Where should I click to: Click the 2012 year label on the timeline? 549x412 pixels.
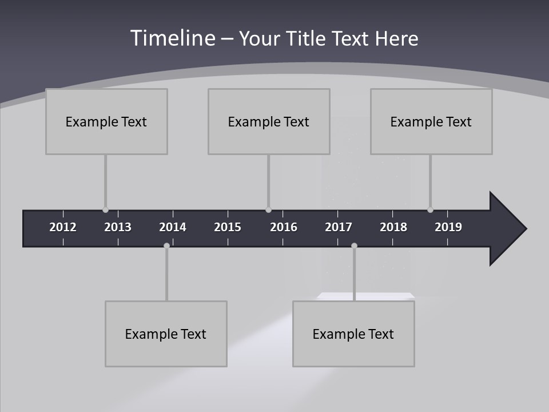click(63, 227)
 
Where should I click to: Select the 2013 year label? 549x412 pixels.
click(118, 227)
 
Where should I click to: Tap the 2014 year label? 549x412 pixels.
click(173, 227)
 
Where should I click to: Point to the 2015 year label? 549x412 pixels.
click(228, 227)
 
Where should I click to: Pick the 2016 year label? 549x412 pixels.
click(284, 227)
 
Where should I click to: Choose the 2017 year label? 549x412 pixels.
click(339, 227)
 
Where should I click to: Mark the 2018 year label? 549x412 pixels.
click(393, 227)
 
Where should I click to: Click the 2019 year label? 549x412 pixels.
click(448, 227)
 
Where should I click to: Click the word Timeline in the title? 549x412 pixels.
click(173, 38)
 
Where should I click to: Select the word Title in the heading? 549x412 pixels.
click(306, 39)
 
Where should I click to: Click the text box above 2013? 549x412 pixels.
click(106, 121)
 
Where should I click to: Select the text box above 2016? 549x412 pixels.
click(269, 121)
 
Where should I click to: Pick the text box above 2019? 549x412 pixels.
click(431, 121)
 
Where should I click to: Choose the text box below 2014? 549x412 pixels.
click(166, 334)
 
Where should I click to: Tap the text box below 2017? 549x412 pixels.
click(353, 334)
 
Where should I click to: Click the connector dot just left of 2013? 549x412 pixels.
click(105, 210)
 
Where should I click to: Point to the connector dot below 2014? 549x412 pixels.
click(166, 246)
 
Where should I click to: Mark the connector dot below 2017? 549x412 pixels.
click(354, 246)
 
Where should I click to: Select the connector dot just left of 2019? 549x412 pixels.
click(430, 210)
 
